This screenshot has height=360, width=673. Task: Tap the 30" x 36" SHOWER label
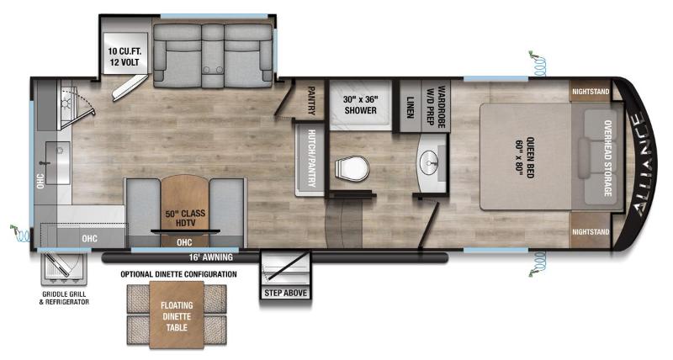pyautogui.click(x=360, y=104)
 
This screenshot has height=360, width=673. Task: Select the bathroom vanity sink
pyautogui.click(x=432, y=160)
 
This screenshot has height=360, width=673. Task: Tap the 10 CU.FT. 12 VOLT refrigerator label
pyautogui.click(x=125, y=56)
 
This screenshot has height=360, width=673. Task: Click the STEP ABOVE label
pyautogui.click(x=286, y=293)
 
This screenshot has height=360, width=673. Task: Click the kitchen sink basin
pyautogui.click(x=56, y=160)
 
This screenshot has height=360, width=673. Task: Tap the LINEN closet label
pyautogui.click(x=410, y=107)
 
